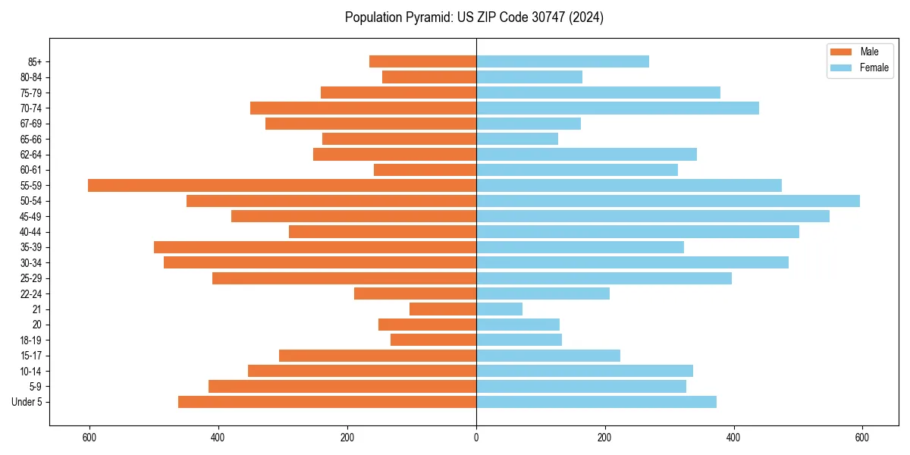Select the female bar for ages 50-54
668,201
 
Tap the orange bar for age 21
443,309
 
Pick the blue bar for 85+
563,61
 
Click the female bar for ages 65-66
517,139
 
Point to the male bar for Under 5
327,402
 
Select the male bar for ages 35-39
315,247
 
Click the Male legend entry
869,52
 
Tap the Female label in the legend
874,67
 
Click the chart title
474,17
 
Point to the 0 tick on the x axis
476,438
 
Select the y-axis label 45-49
31,217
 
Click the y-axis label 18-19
31,340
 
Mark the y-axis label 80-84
31,77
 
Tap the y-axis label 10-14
31,372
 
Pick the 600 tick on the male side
89,438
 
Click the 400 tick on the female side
733,438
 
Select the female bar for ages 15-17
548,356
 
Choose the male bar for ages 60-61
425,170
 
